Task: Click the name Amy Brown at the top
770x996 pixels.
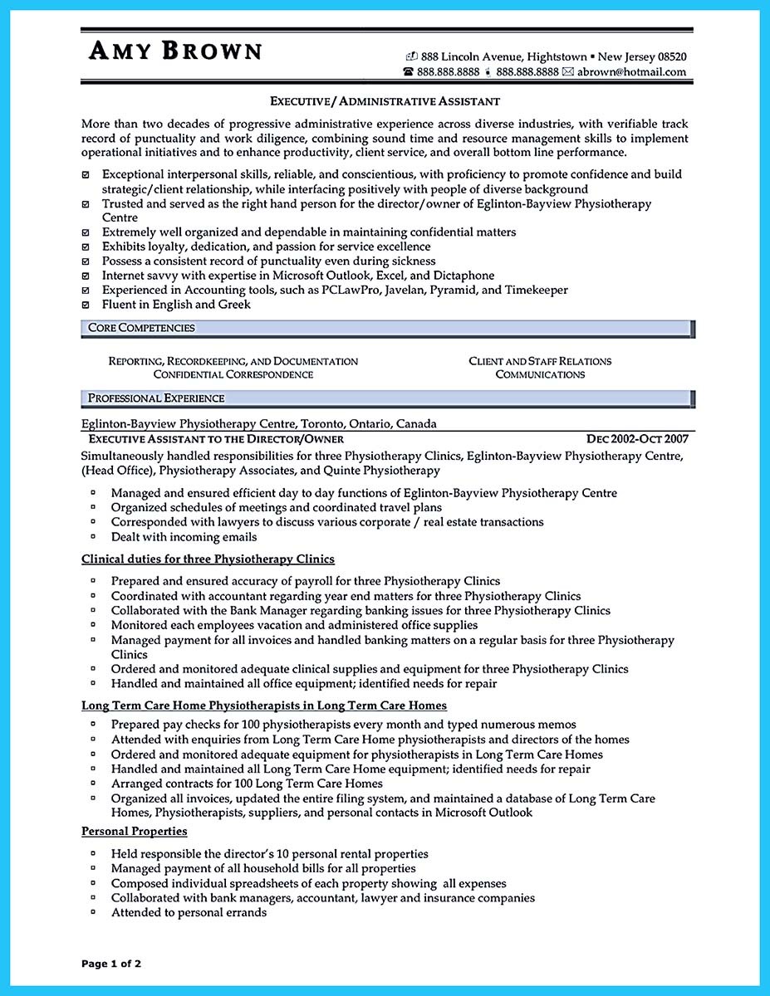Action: pos(175,51)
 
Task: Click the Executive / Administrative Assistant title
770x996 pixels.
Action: pos(385,101)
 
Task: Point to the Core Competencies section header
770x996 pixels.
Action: pos(141,328)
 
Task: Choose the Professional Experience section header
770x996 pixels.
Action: pos(156,398)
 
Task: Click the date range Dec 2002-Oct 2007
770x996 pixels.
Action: pos(637,438)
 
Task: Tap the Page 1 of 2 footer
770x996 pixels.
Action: pos(112,964)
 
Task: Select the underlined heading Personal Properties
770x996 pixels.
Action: pos(135,831)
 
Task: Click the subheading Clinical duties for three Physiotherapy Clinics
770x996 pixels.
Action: pos(208,559)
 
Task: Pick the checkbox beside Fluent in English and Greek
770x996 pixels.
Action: pos(86,305)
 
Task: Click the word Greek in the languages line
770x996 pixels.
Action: pos(234,305)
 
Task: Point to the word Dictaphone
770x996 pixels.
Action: pos(462,275)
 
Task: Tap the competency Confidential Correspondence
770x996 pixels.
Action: pos(233,374)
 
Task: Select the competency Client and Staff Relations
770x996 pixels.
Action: pos(540,361)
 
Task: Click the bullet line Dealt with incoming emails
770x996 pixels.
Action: pos(184,537)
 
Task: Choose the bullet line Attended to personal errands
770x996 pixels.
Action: pos(189,912)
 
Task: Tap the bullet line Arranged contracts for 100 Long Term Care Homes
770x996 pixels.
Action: pos(247,784)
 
